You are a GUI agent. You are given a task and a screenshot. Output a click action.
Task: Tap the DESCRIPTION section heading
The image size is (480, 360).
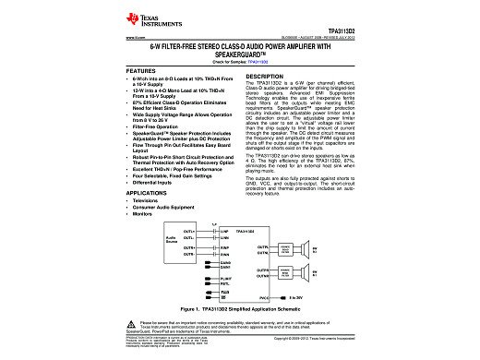pyautogui.click(x=270, y=76)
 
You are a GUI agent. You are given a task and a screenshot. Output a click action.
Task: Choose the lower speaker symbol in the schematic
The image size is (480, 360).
pyautogui.click(x=318, y=273)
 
